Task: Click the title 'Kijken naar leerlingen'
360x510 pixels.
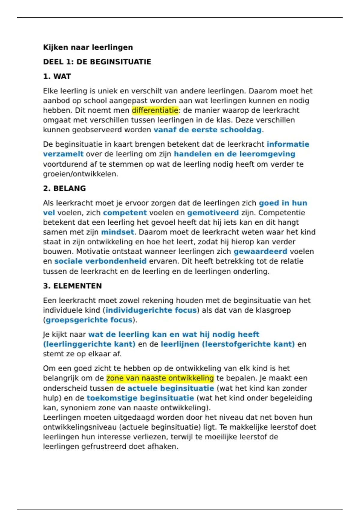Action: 88,47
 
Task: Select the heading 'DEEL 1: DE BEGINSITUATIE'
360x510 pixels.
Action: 97,62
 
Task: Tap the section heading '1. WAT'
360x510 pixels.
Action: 57,76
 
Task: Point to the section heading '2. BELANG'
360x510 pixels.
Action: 64,188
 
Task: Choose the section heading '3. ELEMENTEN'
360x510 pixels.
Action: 72,286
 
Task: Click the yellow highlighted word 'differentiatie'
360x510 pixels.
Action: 155,110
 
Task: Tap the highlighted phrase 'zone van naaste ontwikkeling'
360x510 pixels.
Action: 160,378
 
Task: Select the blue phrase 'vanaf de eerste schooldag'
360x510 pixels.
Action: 208,130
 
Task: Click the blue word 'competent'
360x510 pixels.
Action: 125,213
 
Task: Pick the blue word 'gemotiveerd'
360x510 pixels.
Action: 213,213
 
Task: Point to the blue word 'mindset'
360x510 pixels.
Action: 118,232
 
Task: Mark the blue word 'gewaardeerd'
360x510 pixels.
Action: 260,251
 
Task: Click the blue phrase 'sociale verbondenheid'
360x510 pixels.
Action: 100,261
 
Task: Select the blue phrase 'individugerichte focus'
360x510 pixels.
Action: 151,310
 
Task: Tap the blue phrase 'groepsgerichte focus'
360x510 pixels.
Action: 89,320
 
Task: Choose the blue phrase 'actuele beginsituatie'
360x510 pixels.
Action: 171,388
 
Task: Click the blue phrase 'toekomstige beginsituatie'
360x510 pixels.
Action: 140,398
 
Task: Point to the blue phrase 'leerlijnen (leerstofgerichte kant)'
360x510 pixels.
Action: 228,344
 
